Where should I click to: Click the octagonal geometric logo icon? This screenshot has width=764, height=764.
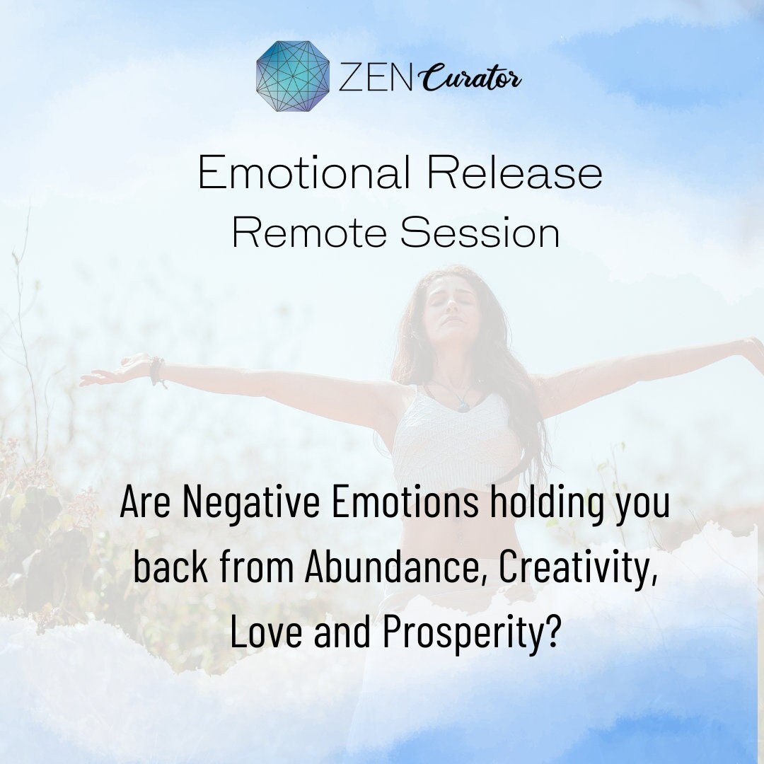pyautogui.click(x=293, y=76)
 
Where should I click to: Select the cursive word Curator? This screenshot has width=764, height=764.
pyautogui.click(x=473, y=79)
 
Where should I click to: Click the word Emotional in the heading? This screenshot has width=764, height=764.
pyautogui.click(x=305, y=173)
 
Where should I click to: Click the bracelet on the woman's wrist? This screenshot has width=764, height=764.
pyautogui.click(x=157, y=371)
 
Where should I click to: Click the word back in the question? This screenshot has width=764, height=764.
pyautogui.click(x=168, y=568)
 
